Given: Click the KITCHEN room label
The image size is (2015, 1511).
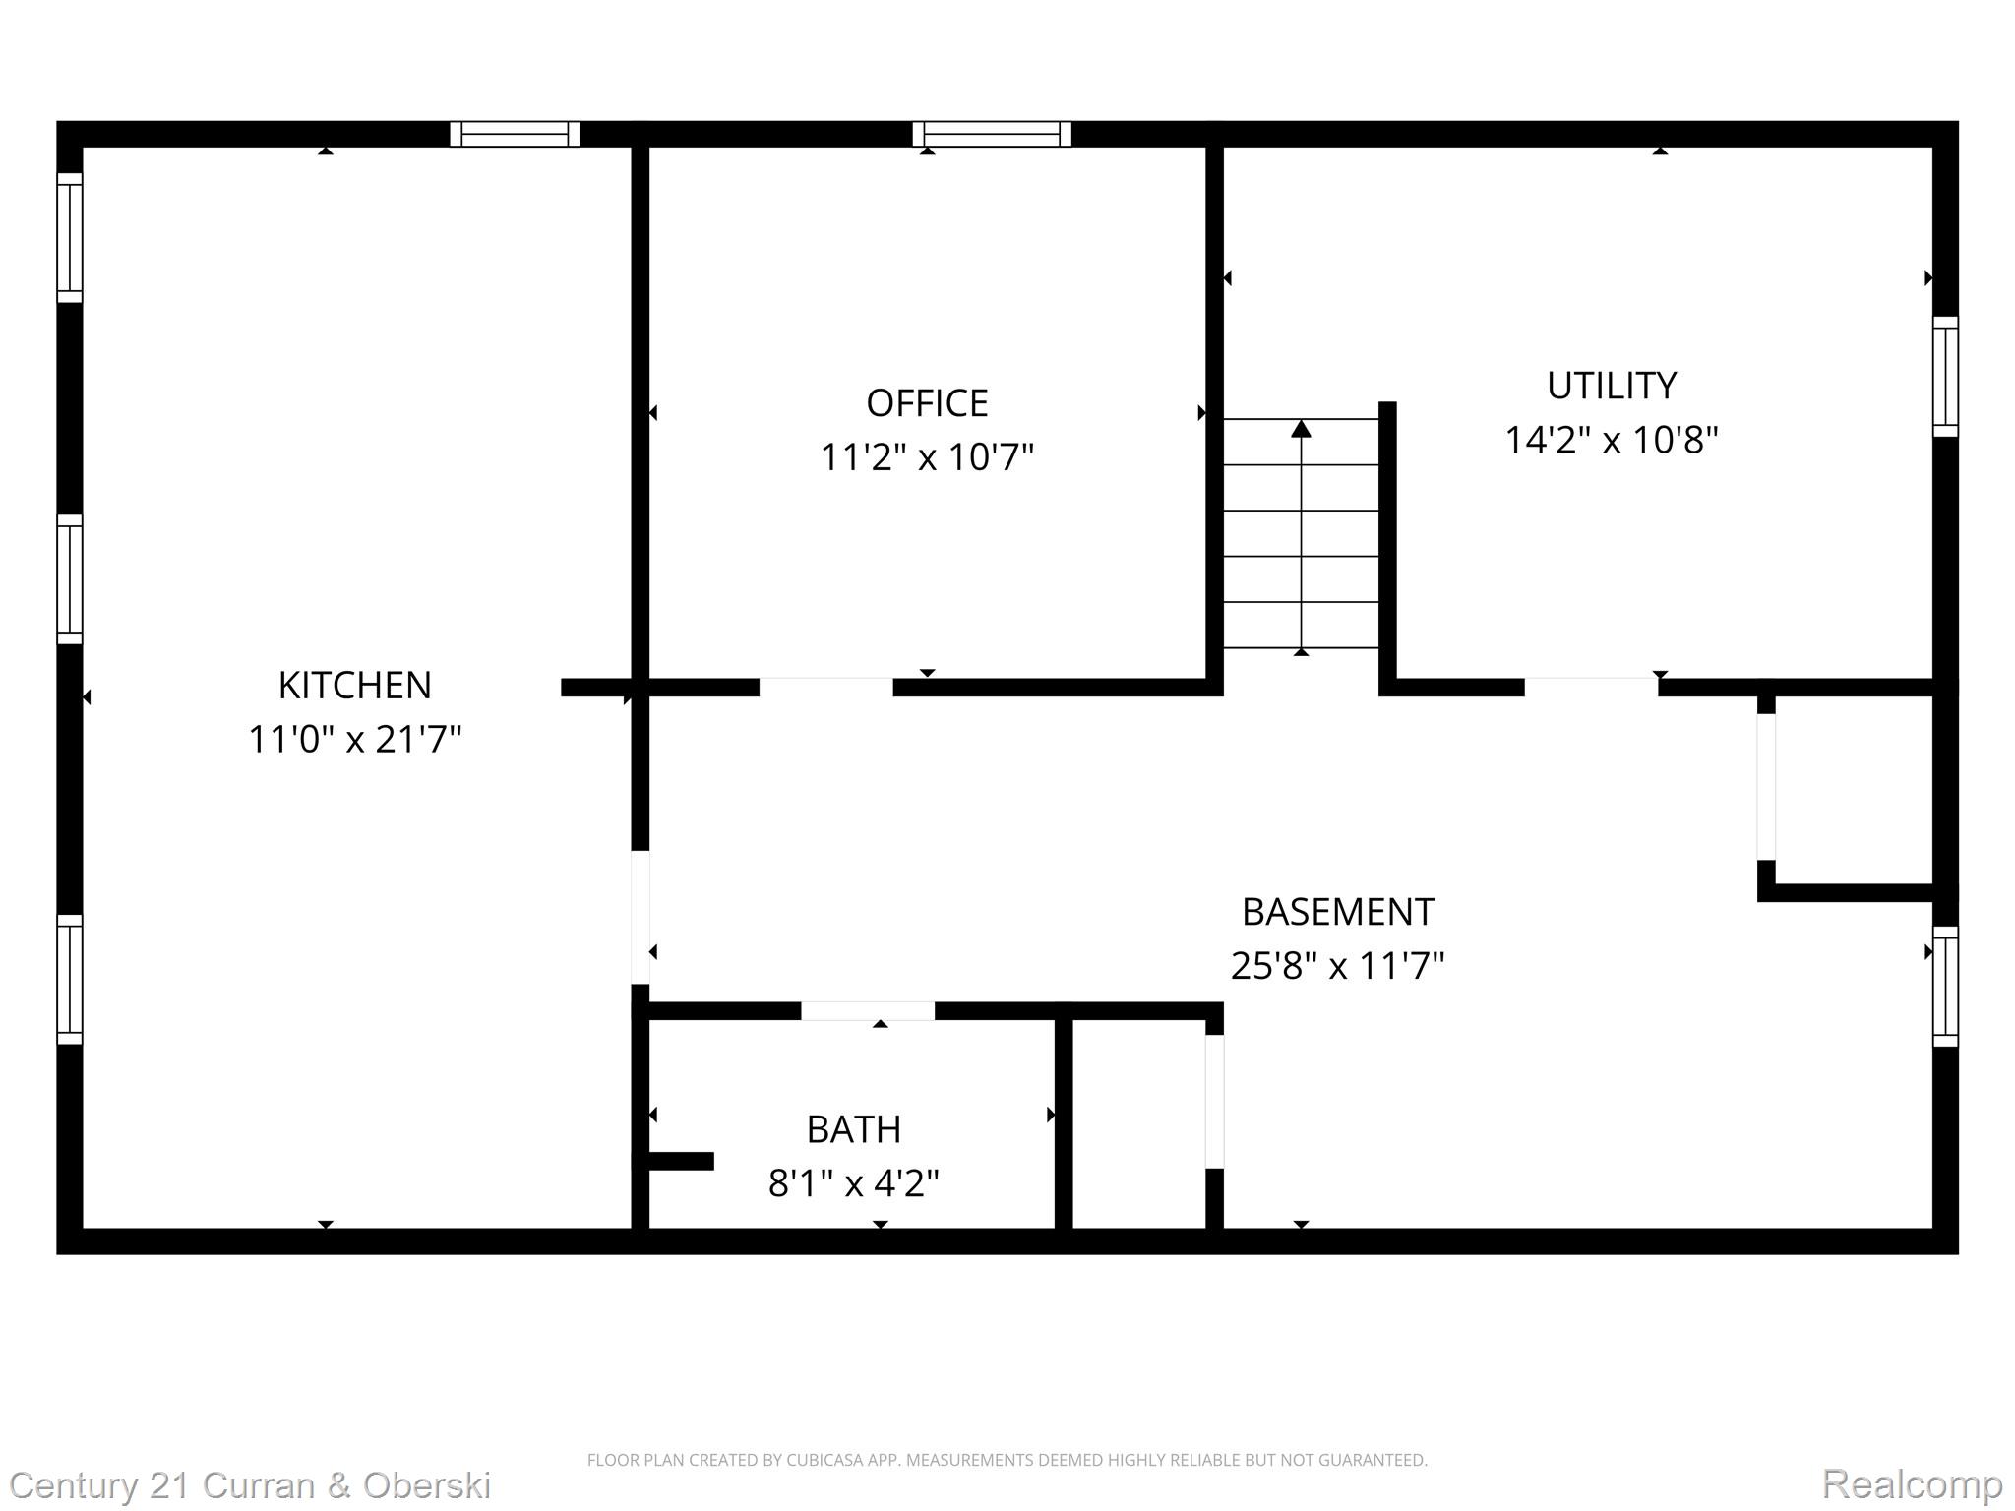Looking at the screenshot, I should (x=354, y=685).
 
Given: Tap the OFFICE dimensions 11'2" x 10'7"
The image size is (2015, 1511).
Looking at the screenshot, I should (x=927, y=457).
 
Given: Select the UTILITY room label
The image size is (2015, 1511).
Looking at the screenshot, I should (x=1611, y=386).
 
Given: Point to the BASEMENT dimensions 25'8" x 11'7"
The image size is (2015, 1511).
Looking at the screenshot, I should (x=1337, y=966).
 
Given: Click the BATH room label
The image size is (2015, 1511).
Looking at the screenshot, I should (x=853, y=1129).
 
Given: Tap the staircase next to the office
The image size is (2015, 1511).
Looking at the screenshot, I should (x=1301, y=536).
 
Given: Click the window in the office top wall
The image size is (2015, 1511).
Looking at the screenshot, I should (x=991, y=134).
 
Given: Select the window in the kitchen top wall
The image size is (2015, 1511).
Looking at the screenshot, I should (x=515, y=134).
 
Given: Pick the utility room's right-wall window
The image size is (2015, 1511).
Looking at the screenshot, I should (x=1944, y=377).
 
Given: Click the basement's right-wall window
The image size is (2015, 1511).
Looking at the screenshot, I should (x=1944, y=986).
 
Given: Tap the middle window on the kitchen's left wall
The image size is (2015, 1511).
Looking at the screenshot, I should (x=69, y=579).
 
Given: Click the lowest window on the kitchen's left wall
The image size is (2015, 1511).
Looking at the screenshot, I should (x=69, y=979).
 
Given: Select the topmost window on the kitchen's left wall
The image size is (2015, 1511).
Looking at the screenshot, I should (x=69, y=238).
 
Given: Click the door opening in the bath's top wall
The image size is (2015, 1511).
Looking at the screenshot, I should (x=867, y=1011).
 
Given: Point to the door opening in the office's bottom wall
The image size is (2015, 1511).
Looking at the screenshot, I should (x=825, y=687).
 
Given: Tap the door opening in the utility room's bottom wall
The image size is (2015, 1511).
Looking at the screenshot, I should (x=1590, y=687).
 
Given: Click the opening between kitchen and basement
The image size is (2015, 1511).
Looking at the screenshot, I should (x=640, y=917).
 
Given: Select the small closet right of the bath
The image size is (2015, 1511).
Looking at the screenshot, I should (x=1138, y=1123).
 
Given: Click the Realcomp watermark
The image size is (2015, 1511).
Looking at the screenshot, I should (x=1911, y=1483).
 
